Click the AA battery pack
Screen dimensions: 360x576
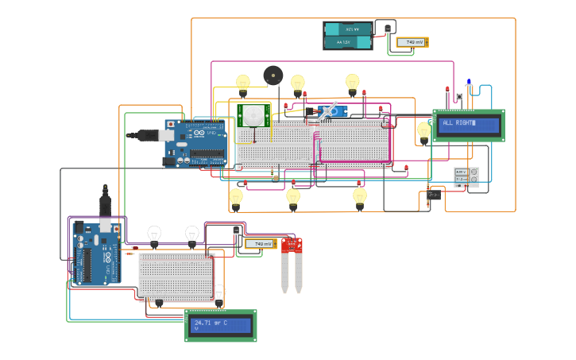tap(347, 36)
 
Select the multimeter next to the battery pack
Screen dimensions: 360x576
tap(412, 42)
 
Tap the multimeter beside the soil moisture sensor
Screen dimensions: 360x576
tap(260, 244)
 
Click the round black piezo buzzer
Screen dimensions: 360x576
tap(273, 75)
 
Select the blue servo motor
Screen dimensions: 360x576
tap(332, 111)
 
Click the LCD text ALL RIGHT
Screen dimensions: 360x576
tap(468, 126)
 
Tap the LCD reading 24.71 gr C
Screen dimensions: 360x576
tap(221, 325)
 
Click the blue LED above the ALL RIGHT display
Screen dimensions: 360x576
tap(469, 82)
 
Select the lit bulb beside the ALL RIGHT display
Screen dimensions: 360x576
tap(424, 130)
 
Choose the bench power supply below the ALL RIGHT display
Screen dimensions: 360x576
tap(466, 177)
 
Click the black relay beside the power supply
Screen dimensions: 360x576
tap(434, 195)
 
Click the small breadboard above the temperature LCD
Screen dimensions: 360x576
tap(176, 275)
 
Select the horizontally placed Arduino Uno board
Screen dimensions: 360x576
tap(195, 143)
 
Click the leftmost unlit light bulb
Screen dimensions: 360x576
tap(154, 234)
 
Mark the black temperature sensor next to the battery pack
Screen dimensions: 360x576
tap(387, 29)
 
